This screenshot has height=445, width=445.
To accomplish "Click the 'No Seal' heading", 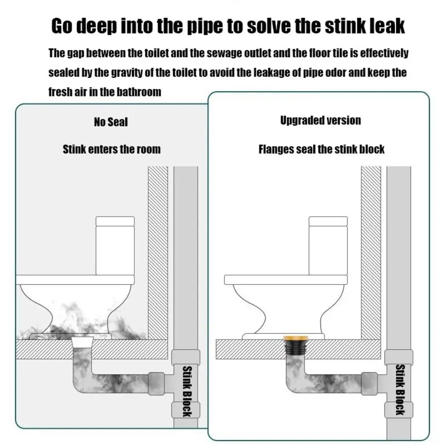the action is (x=111, y=122).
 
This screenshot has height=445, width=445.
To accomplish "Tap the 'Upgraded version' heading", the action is (x=321, y=120).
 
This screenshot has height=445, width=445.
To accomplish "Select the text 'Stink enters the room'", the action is (x=112, y=149).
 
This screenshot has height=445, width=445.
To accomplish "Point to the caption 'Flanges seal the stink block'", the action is (x=322, y=149).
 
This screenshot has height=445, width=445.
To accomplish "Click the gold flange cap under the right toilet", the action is (x=296, y=338).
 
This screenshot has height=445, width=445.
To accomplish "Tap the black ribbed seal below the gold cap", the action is (x=296, y=348).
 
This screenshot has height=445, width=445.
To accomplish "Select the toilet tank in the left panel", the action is (x=115, y=246).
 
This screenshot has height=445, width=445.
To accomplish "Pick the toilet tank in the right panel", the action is (x=328, y=246).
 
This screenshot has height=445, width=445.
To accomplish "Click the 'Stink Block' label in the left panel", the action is (x=187, y=392).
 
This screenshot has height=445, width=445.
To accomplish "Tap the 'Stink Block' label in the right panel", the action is (x=400, y=390).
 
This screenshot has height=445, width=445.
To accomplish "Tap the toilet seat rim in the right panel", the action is (x=286, y=279).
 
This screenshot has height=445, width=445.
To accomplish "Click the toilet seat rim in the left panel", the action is (x=75, y=279).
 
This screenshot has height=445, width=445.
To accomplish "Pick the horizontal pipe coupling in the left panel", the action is (x=156, y=384).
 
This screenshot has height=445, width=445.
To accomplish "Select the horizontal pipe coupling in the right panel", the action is (x=369, y=384).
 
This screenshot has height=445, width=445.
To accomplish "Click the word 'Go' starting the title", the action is (x=62, y=26).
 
